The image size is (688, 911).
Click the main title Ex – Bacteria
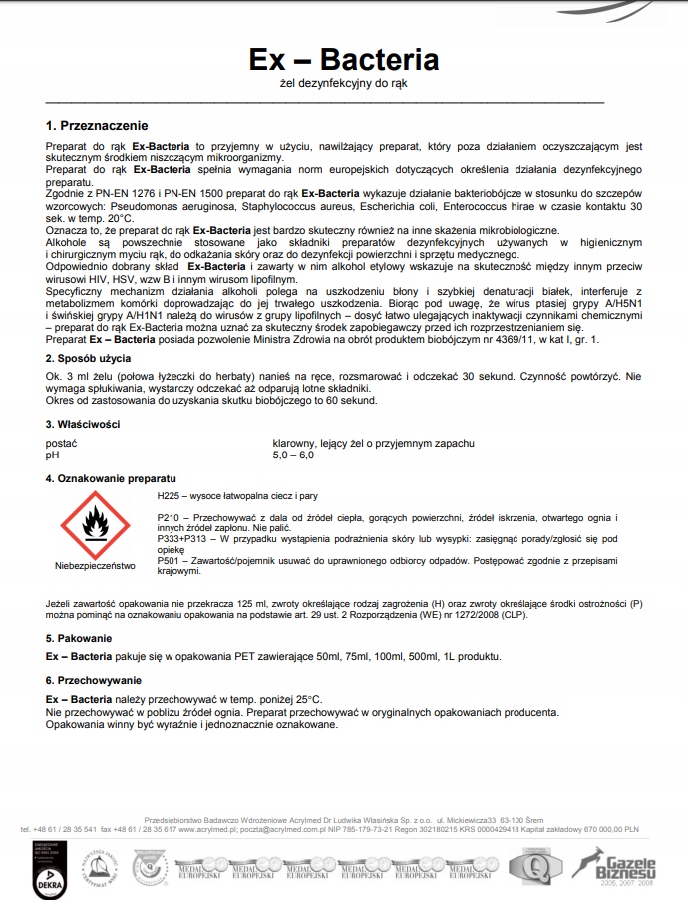click(x=344, y=59)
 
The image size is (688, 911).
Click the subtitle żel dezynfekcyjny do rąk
click(x=344, y=84)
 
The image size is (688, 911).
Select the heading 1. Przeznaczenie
click(x=97, y=126)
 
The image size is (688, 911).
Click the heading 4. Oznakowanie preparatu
click(x=111, y=478)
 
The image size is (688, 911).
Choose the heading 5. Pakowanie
click(x=79, y=637)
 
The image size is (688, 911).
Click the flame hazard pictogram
click(x=95, y=525)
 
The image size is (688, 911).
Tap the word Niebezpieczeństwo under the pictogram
click(x=95, y=566)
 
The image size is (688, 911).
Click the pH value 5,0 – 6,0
click(x=293, y=455)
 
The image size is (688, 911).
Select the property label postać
click(x=62, y=442)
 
